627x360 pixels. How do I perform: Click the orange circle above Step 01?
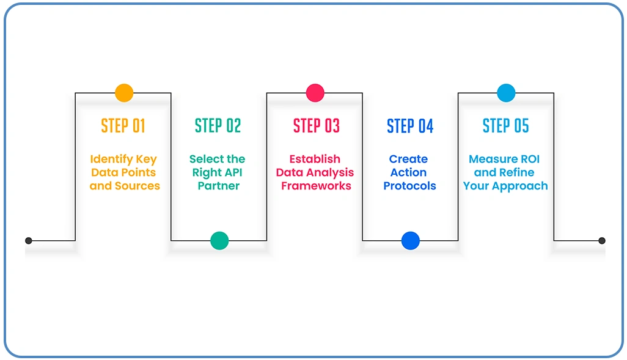pos(124,93)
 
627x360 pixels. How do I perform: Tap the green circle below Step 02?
pos(219,240)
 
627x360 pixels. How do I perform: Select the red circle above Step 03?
pos(315,93)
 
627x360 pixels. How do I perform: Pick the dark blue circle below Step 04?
pos(411,240)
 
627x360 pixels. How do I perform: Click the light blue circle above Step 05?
pos(506,93)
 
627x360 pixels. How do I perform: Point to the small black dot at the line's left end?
pos(29,240)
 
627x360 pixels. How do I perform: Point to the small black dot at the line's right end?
pos(601,240)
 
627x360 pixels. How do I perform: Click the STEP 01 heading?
pos(123,126)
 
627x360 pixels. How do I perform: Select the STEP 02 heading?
pos(218,126)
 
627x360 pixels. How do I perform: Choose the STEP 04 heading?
pos(410,126)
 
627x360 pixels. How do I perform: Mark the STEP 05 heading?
pos(505,126)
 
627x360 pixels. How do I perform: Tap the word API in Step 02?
pos(233,172)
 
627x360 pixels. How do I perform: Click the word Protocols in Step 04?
pos(410,186)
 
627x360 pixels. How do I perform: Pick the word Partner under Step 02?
pos(219,186)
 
